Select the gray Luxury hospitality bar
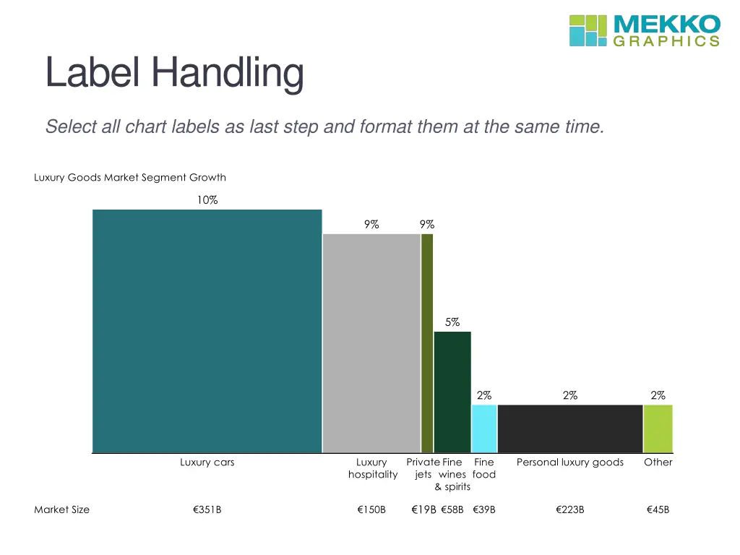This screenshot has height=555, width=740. [371, 343]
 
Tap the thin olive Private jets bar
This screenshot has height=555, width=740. [427, 343]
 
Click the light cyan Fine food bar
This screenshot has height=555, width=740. [484, 429]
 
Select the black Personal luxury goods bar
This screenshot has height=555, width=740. [570, 429]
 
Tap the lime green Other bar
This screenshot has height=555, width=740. [658, 429]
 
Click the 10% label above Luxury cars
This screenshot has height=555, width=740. [207, 200]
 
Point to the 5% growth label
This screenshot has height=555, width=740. [452, 322]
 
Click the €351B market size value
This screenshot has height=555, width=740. [207, 509]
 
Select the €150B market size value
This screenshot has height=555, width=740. [371, 509]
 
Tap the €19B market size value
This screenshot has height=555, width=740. [423, 509]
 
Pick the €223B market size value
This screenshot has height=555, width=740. [570, 509]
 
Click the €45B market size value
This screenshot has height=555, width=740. [658, 509]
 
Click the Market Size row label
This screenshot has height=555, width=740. [62, 509]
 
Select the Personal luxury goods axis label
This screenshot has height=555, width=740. [570, 462]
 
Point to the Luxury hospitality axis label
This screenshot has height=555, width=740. [372, 468]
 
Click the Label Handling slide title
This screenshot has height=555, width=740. [174, 73]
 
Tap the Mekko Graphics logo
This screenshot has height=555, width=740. [645, 30]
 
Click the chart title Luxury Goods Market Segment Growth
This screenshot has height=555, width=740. [130, 177]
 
